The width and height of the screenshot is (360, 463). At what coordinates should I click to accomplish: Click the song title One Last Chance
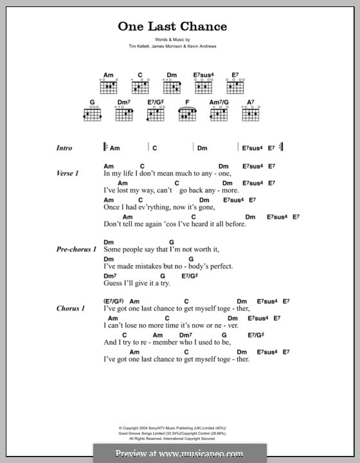(x=172, y=26)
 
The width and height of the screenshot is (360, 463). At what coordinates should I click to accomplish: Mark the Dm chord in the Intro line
(x=203, y=147)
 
